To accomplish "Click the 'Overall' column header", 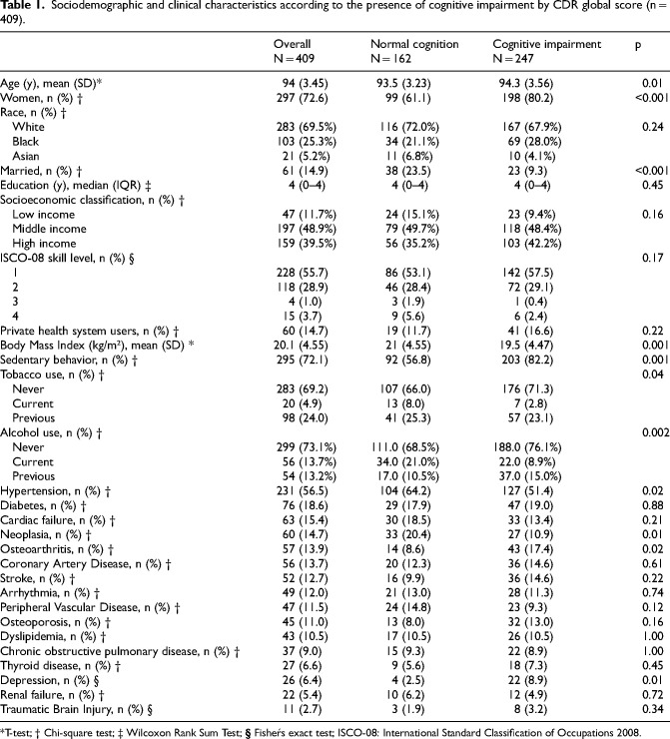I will (293, 45).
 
